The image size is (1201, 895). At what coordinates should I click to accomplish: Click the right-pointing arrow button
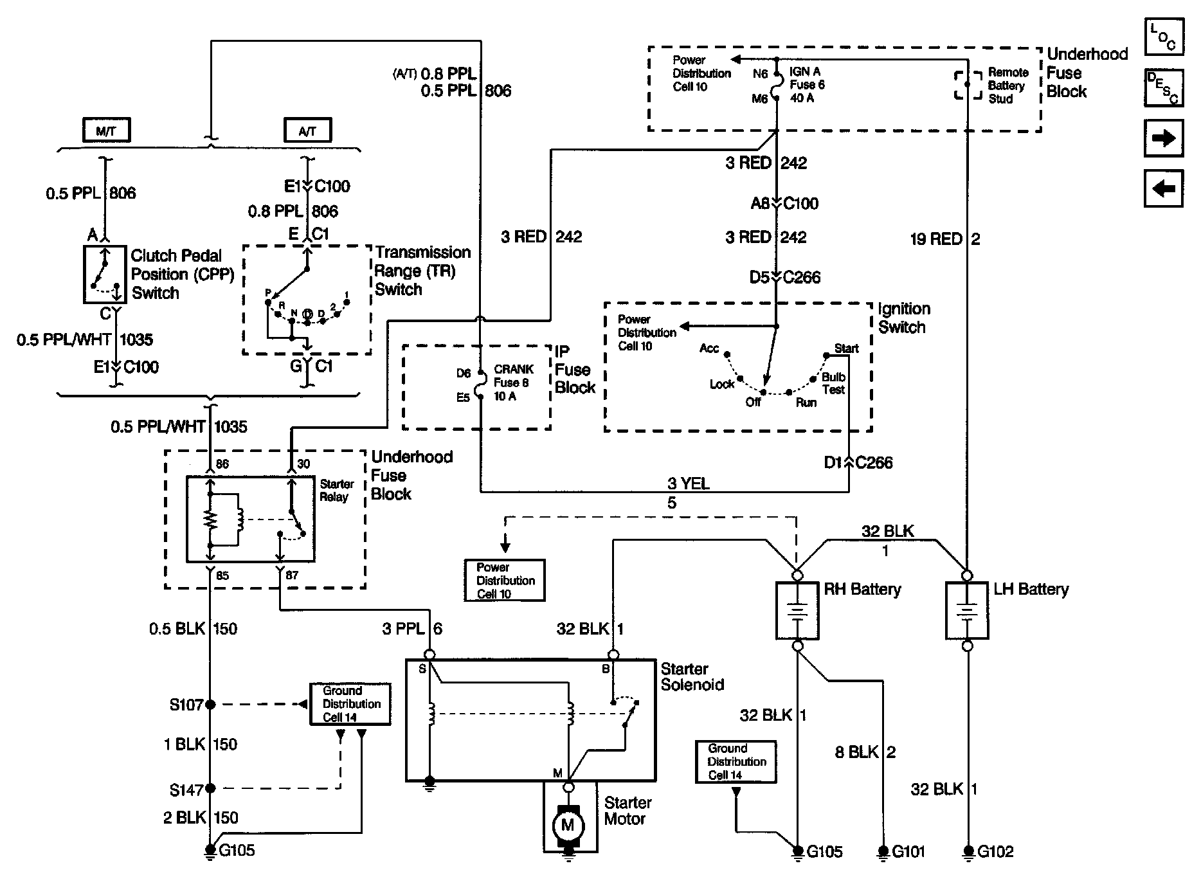tap(1164, 138)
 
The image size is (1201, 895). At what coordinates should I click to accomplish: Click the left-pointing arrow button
tap(1164, 188)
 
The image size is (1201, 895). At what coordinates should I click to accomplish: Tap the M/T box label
tap(106, 131)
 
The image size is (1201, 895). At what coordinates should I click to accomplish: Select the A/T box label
tap(308, 131)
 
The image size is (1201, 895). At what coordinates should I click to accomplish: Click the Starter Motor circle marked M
tap(568, 824)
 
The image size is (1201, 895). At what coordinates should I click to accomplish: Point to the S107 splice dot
tap(210, 705)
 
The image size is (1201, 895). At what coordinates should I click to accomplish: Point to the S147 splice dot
tap(210, 788)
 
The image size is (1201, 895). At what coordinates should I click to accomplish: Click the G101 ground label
tap(908, 852)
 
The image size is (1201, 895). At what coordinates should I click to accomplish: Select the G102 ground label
tap(995, 852)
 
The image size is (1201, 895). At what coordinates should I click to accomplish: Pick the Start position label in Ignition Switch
tap(846, 348)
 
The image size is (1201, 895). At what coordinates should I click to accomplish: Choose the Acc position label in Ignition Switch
tap(709, 348)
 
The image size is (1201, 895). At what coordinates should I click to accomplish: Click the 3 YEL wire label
tap(689, 484)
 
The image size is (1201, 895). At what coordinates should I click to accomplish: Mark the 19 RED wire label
tap(936, 240)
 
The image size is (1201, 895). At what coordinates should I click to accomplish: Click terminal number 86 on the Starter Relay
tap(222, 464)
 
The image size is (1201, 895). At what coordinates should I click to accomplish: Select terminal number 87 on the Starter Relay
tap(292, 575)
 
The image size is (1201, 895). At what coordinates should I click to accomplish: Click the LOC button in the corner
tap(1164, 37)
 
